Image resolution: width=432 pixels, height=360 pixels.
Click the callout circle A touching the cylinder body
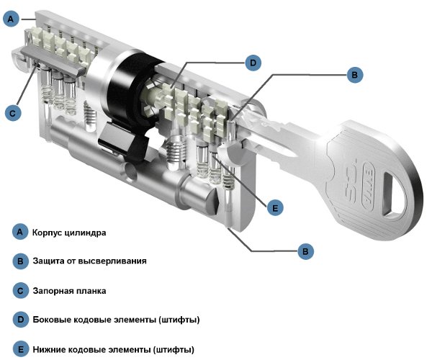click(10, 20)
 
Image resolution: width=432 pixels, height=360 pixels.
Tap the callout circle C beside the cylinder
click(10, 112)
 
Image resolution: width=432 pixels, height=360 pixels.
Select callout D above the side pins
click(253, 63)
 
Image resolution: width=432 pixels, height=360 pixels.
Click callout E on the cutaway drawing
click(272, 207)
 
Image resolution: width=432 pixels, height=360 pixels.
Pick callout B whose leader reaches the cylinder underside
click(306, 251)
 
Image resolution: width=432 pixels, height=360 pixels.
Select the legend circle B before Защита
click(20, 261)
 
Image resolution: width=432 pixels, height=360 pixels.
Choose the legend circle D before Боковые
click(20, 319)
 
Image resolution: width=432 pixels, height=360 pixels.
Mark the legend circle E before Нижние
click(20, 349)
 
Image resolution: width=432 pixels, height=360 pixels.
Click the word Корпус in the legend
click(50, 233)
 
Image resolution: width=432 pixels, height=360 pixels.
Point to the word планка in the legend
click(93, 291)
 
